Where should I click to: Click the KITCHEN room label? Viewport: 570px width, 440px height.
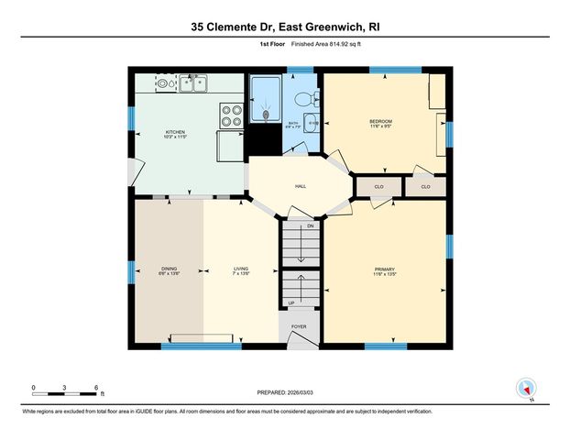click(x=175, y=132)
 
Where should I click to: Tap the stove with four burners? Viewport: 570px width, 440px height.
click(x=230, y=115)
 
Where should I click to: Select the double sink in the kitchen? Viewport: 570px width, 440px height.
click(x=193, y=85)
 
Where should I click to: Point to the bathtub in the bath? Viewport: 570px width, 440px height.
click(x=266, y=101)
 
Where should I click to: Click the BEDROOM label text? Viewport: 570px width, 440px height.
click(x=380, y=122)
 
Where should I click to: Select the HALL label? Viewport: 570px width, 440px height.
click(x=300, y=186)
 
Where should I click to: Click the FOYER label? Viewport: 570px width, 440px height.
click(x=299, y=325)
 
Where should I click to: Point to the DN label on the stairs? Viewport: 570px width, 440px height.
click(x=310, y=225)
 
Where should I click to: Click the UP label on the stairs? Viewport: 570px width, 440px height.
click(x=291, y=302)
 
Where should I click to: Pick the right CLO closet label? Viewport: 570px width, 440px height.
click(x=425, y=187)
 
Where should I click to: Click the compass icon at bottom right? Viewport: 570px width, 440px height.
click(x=526, y=389)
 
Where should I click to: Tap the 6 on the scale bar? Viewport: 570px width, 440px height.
click(x=96, y=388)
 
